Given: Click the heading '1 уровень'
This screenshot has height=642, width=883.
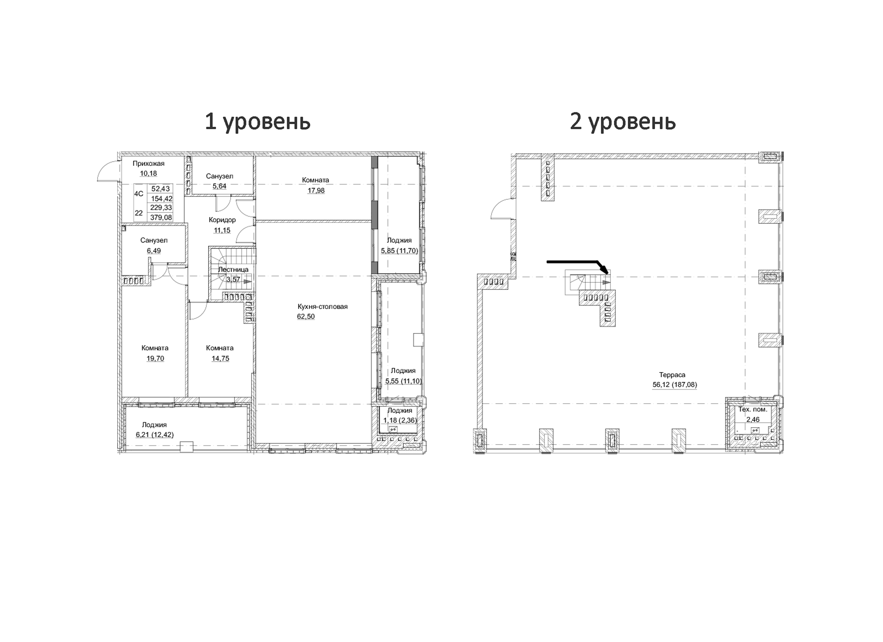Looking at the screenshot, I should [x=257, y=122].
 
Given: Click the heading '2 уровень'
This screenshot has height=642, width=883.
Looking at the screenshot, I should [x=622, y=122].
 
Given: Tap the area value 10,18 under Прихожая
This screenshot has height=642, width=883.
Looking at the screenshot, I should [x=148, y=173].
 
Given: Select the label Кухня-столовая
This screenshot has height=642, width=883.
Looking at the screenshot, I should [x=323, y=306].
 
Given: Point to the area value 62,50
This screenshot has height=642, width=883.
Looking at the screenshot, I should [x=306, y=317].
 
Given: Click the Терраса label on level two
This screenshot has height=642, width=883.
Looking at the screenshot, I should [x=672, y=375].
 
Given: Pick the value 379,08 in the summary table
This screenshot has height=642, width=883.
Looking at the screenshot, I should [x=161, y=218].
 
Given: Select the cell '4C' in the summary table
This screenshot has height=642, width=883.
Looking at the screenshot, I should [x=139, y=194].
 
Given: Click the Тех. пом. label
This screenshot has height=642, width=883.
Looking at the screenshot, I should [x=753, y=409].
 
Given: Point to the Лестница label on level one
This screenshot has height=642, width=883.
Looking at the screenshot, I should [x=233, y=269].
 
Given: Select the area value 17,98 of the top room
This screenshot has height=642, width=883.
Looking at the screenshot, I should [x=316, y=191].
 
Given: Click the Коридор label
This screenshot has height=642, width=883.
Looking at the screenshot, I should [x=222, y=220].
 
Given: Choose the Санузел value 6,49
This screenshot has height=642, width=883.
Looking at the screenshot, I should [x=153, y=251].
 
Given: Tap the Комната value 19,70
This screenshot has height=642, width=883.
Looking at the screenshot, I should [x=155, y=359].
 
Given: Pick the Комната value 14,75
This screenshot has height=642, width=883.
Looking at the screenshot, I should [x=220, y=359].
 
